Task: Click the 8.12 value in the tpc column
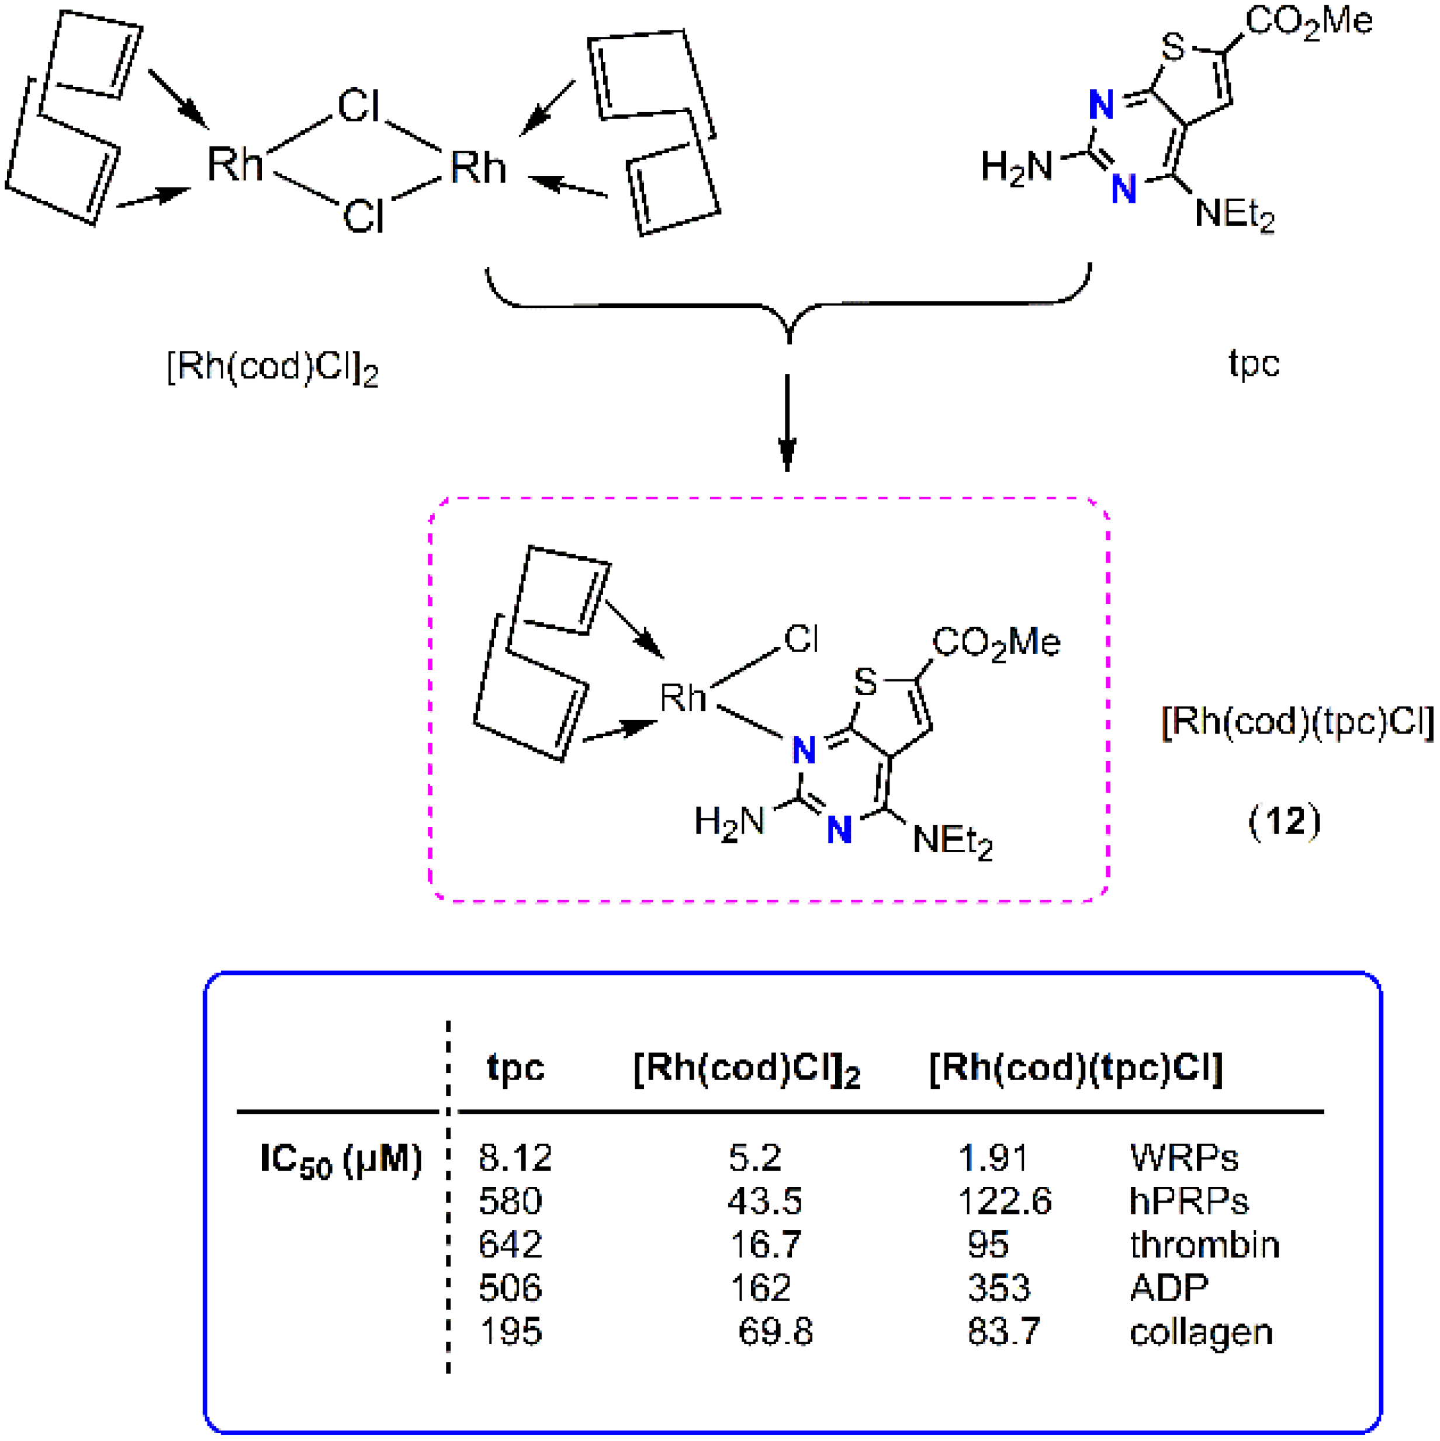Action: tap(515, 1158)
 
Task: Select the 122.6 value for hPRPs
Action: tap(1003, 1202)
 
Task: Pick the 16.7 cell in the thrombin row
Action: tap(765, 1245)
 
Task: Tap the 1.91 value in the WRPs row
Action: tap(992, 1158)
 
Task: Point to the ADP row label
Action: tap(1168, 1288)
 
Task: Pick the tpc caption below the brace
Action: tap(1254, 364)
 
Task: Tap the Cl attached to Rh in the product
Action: tap(801, 639)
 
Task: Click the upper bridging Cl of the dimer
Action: tap(359, 105)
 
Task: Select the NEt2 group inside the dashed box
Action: tap(952, 841)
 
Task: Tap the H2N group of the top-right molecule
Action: tap(1016, 166)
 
